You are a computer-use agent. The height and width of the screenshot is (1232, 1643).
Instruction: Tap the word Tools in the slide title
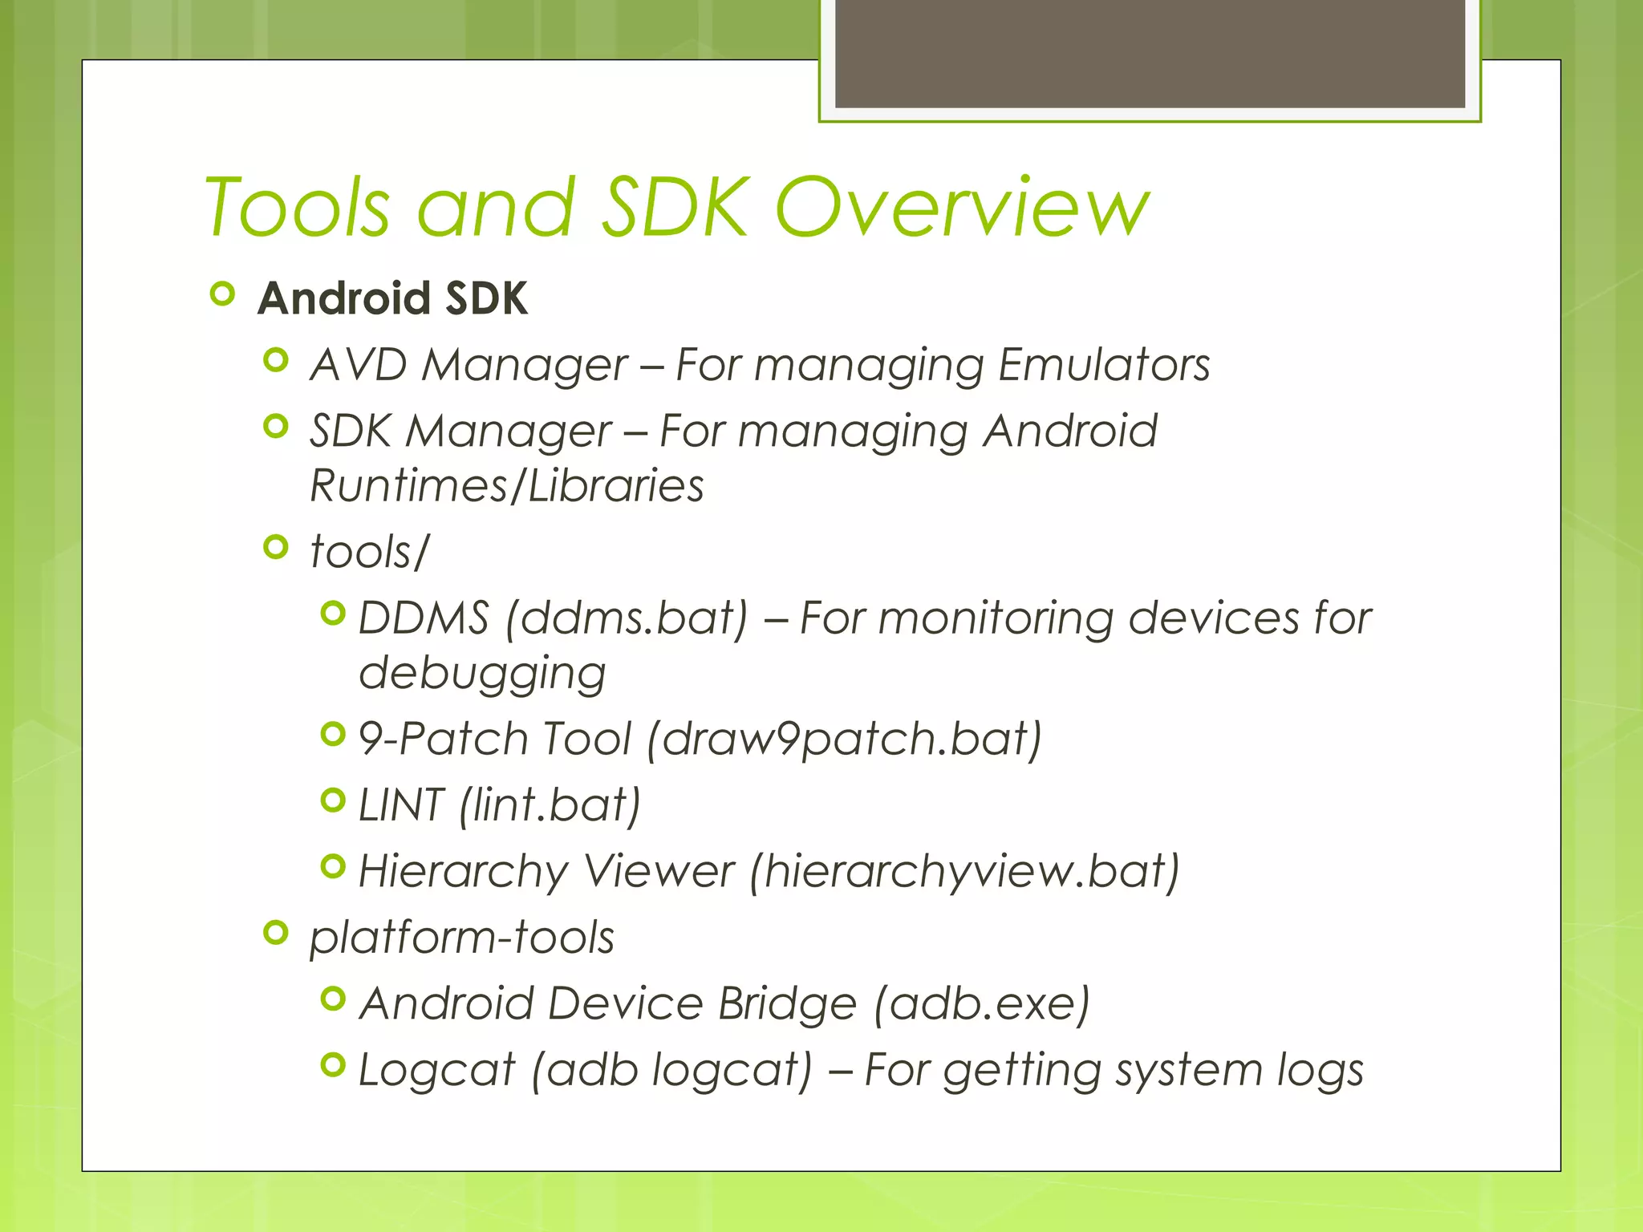click(x=298, y=208)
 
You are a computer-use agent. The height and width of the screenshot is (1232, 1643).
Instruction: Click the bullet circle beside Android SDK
click(x=222, y=295)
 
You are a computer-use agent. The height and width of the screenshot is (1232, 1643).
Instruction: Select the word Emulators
click(x=1104, y=365)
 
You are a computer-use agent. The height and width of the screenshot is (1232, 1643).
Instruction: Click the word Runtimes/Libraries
click(x=507, y=486)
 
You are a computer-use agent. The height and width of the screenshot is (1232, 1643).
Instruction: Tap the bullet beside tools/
click(x=275, y=548)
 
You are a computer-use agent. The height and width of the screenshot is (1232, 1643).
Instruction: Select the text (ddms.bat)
click(x=627, y=618)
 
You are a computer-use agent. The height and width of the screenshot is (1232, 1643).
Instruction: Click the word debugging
click(x=482, y=673)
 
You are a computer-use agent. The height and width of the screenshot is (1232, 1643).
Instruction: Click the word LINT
click(x=400, y=804)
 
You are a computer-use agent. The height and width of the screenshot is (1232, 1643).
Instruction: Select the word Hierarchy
click(x=462, y=871)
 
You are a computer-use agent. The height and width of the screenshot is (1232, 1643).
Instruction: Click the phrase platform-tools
click(x=462, y=938)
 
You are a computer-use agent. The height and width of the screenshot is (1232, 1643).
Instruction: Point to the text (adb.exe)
click(x=982, y=1003)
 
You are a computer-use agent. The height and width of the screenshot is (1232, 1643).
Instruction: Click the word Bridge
click(x=787, y=1003)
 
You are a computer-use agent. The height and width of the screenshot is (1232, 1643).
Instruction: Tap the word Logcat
click(x=436, y=1070)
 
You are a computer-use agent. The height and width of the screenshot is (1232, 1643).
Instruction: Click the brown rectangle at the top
click(x=1150, y=53)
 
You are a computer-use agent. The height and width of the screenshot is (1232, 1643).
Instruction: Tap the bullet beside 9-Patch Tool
click(x=332, y=734)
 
